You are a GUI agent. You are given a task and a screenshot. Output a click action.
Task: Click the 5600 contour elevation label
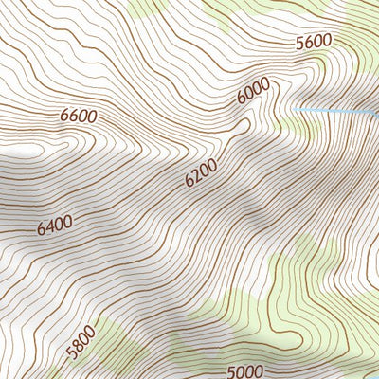pyautogui.click(x=314, y=41)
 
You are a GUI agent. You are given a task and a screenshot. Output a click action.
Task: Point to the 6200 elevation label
pyautogui.click(x=201, y=171)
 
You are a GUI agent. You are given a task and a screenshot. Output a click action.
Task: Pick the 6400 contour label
pyautogui.click(x=55, y=226)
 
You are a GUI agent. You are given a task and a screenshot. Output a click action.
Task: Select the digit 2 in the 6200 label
pyautogui.click(x=197, y=174)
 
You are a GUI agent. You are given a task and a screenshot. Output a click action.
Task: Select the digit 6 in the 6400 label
pyautogui.click(x=43, y=231)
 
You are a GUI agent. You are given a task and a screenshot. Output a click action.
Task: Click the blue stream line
pyautogui.click(x=332, y=113)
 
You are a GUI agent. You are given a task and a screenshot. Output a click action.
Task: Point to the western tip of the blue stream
pyautogui.click(x=292, y=110)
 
